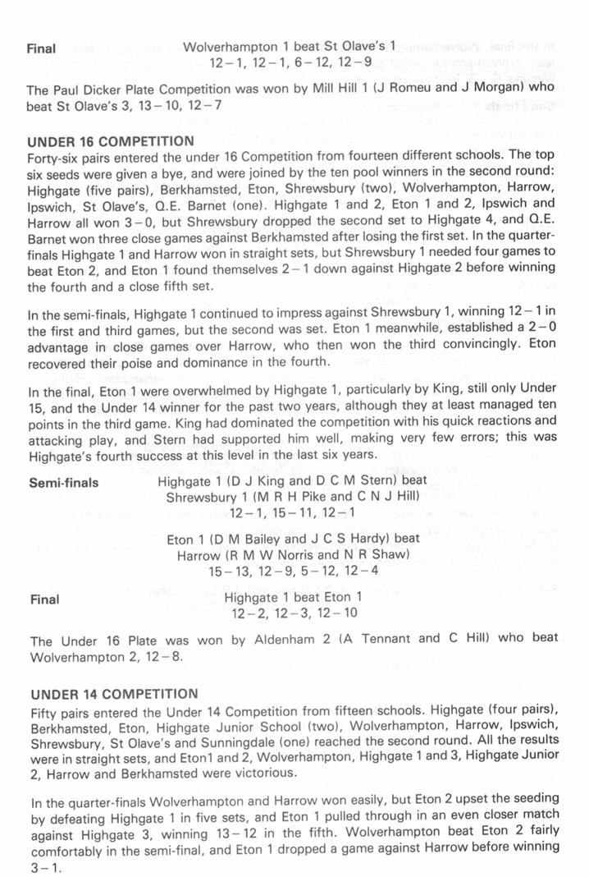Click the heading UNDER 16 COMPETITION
point(111,140)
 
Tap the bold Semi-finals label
point(63,482)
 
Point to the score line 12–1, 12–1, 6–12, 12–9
point(290,62)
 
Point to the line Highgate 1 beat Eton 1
point(292,598)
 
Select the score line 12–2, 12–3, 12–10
point(292,613)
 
